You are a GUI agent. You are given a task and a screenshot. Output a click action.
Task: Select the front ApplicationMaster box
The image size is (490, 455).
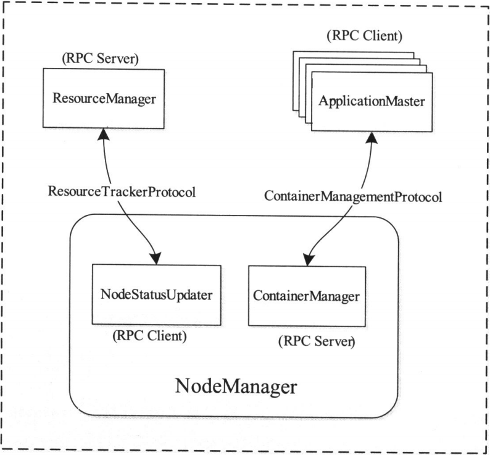[372, 101]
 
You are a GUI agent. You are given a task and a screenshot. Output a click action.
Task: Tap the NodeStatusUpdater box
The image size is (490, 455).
[156, 294]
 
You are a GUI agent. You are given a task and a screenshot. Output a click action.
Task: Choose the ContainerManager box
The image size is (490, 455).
[305, 296]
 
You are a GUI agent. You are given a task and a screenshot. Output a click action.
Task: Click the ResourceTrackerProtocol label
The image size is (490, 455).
[121, 191]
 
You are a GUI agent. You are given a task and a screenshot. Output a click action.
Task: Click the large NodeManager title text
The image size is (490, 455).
[236, 387]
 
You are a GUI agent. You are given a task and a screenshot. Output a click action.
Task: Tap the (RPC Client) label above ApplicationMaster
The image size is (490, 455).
[364, 36]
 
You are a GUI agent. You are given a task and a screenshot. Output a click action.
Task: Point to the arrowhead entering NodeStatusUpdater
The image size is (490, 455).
[156, 258]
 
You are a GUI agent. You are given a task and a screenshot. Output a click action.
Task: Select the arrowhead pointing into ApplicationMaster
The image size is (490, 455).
[370, 138]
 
